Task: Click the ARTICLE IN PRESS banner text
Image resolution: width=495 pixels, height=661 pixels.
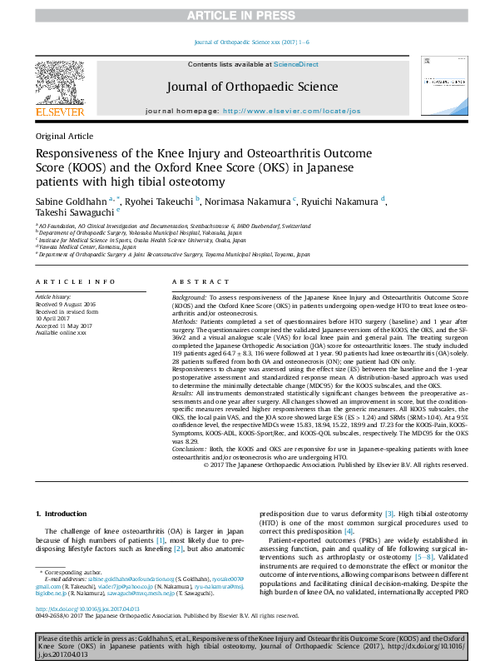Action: pos(247,15)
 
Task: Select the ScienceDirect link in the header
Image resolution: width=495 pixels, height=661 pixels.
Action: pos(297,64)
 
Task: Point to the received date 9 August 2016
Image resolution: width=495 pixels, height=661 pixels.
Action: pos(64,303)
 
